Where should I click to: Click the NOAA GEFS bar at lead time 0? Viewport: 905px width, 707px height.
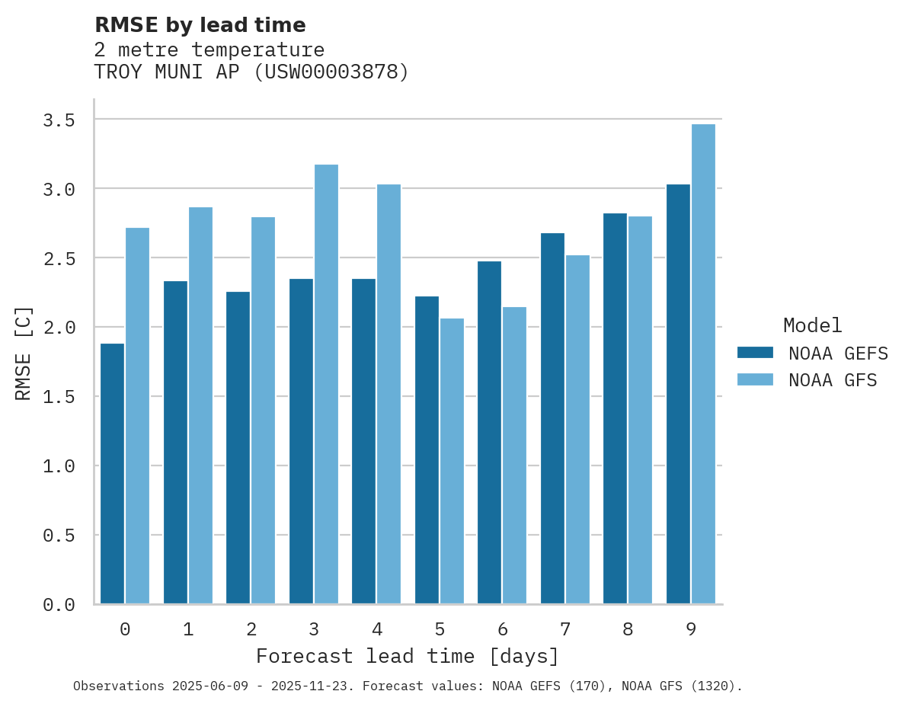click(112, 474)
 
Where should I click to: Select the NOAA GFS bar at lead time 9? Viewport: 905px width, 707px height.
click(703, 364)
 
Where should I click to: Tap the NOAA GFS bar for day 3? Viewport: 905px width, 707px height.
click(326, 384)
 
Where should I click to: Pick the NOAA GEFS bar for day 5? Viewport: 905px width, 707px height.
click(427, 450)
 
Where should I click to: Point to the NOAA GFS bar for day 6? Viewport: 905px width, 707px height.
click(514, 456)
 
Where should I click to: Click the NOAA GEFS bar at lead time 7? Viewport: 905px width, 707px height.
click(552, 418)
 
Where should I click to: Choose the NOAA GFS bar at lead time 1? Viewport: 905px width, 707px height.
click(200, 405)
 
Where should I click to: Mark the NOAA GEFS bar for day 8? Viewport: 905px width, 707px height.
click(615, 408)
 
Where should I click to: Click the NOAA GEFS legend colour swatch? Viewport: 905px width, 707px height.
click(755, 353)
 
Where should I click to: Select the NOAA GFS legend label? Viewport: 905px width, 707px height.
click(833, 380)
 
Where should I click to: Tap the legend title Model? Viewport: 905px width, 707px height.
click(812, 326)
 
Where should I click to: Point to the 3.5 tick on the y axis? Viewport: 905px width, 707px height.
click(59, 120)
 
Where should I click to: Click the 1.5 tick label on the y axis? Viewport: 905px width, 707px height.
click(59, 397)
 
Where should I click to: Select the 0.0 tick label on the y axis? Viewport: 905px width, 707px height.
click(59, 605)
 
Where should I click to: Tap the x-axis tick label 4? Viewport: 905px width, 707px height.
click(376, 629)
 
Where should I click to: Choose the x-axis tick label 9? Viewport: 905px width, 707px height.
click(690, 629)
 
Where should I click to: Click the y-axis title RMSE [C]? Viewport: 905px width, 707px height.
click(24, 353)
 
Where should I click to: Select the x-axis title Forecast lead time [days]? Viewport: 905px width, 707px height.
click(408, 657)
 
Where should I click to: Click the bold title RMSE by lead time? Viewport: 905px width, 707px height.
click(200, 25)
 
